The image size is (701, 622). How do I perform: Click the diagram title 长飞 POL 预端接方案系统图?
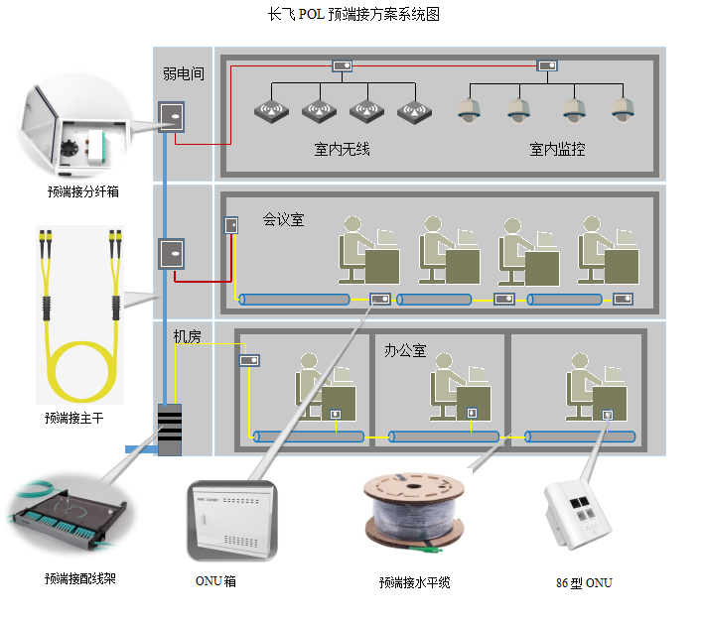click(353, 16)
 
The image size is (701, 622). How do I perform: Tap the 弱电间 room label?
click(184, 73)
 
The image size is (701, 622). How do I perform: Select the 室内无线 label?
click(342, 150)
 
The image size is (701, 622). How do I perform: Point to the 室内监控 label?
click(556, 150)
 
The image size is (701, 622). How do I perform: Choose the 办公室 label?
click(404, 350)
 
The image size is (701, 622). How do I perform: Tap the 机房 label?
click(188, 337)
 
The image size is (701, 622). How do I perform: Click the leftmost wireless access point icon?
click(269, 111)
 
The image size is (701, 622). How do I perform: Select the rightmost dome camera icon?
click(622, 109)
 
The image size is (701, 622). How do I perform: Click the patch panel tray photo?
click(69, 516)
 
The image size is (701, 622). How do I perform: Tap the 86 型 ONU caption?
click(584, 582)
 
